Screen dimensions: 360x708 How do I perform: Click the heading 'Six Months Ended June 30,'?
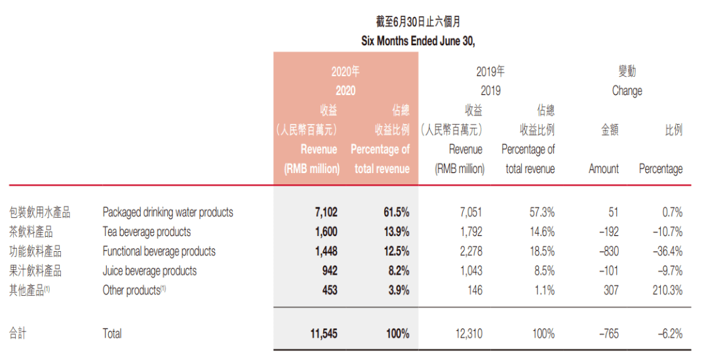[x=418, y=41]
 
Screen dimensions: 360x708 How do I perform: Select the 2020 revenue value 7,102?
[x=326, y=212]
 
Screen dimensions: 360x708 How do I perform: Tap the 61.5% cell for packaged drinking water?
[x=396, y=212]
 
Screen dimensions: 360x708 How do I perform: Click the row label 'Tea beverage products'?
[x=147, y=231]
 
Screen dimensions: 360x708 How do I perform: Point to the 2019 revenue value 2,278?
[x=469, y=251]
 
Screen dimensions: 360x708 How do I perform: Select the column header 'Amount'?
[x=604, y=169]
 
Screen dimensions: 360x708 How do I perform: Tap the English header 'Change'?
[x=627, y=91]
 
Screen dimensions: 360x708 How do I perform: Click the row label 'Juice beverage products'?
[x=149, y=270]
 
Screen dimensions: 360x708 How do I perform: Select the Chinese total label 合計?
[x=18, y=334]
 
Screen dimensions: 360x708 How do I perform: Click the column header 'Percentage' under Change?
[x=660, y=169]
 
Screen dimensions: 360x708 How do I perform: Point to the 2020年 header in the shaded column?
[x=345, y=71]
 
